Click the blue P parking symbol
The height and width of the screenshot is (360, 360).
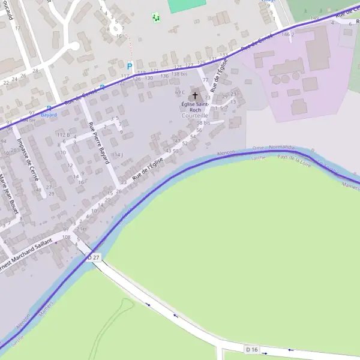click(129, 67)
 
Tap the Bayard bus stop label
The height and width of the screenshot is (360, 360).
click(49, 114)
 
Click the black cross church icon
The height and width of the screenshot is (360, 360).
click(194, 95)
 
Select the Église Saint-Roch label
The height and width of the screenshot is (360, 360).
click(195, 107)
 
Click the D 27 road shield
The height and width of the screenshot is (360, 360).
click(94, 257)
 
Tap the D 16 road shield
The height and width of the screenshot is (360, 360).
click(251, 349)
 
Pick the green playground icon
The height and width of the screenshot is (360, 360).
click(156, 18)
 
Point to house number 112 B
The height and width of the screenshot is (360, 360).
click(64, 135)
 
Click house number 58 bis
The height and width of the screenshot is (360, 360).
click(203, 122)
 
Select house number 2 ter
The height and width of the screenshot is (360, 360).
click(82, 229)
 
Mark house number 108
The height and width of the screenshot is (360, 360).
click(67, 238)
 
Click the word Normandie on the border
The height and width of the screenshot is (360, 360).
click(281, 147)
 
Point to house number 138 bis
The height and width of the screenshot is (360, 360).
click(179, 74)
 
